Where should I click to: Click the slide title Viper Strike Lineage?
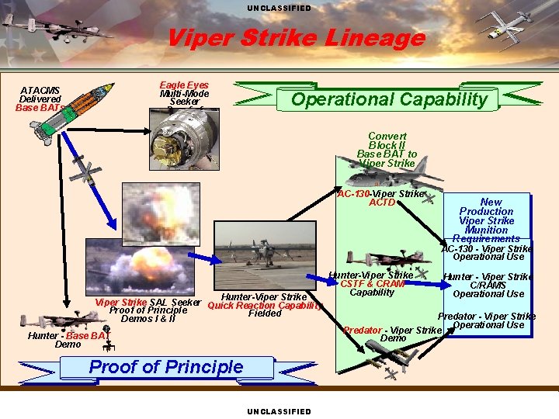tap(296, 37)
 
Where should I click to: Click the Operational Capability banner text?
tap(388, 99)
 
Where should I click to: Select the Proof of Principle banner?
tap(166, 367)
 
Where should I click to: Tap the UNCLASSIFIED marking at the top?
tap(279, 8)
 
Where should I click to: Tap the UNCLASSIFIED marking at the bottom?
tap(279, 411)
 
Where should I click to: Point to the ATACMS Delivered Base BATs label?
tap(40, 99)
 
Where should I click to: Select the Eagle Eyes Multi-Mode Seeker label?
tap(184, 93)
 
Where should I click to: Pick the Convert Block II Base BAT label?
tap(387, 149)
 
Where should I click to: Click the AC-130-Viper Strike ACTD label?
tap(381, 198)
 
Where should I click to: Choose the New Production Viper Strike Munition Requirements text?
tap(486, 220)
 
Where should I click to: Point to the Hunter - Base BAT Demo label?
tap(68, 340)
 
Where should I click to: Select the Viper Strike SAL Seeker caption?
tap(148, 303)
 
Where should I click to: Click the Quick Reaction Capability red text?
tap(263, 305)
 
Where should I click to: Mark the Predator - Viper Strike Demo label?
tap(392, 334)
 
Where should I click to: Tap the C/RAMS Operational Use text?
tap(488, 289)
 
